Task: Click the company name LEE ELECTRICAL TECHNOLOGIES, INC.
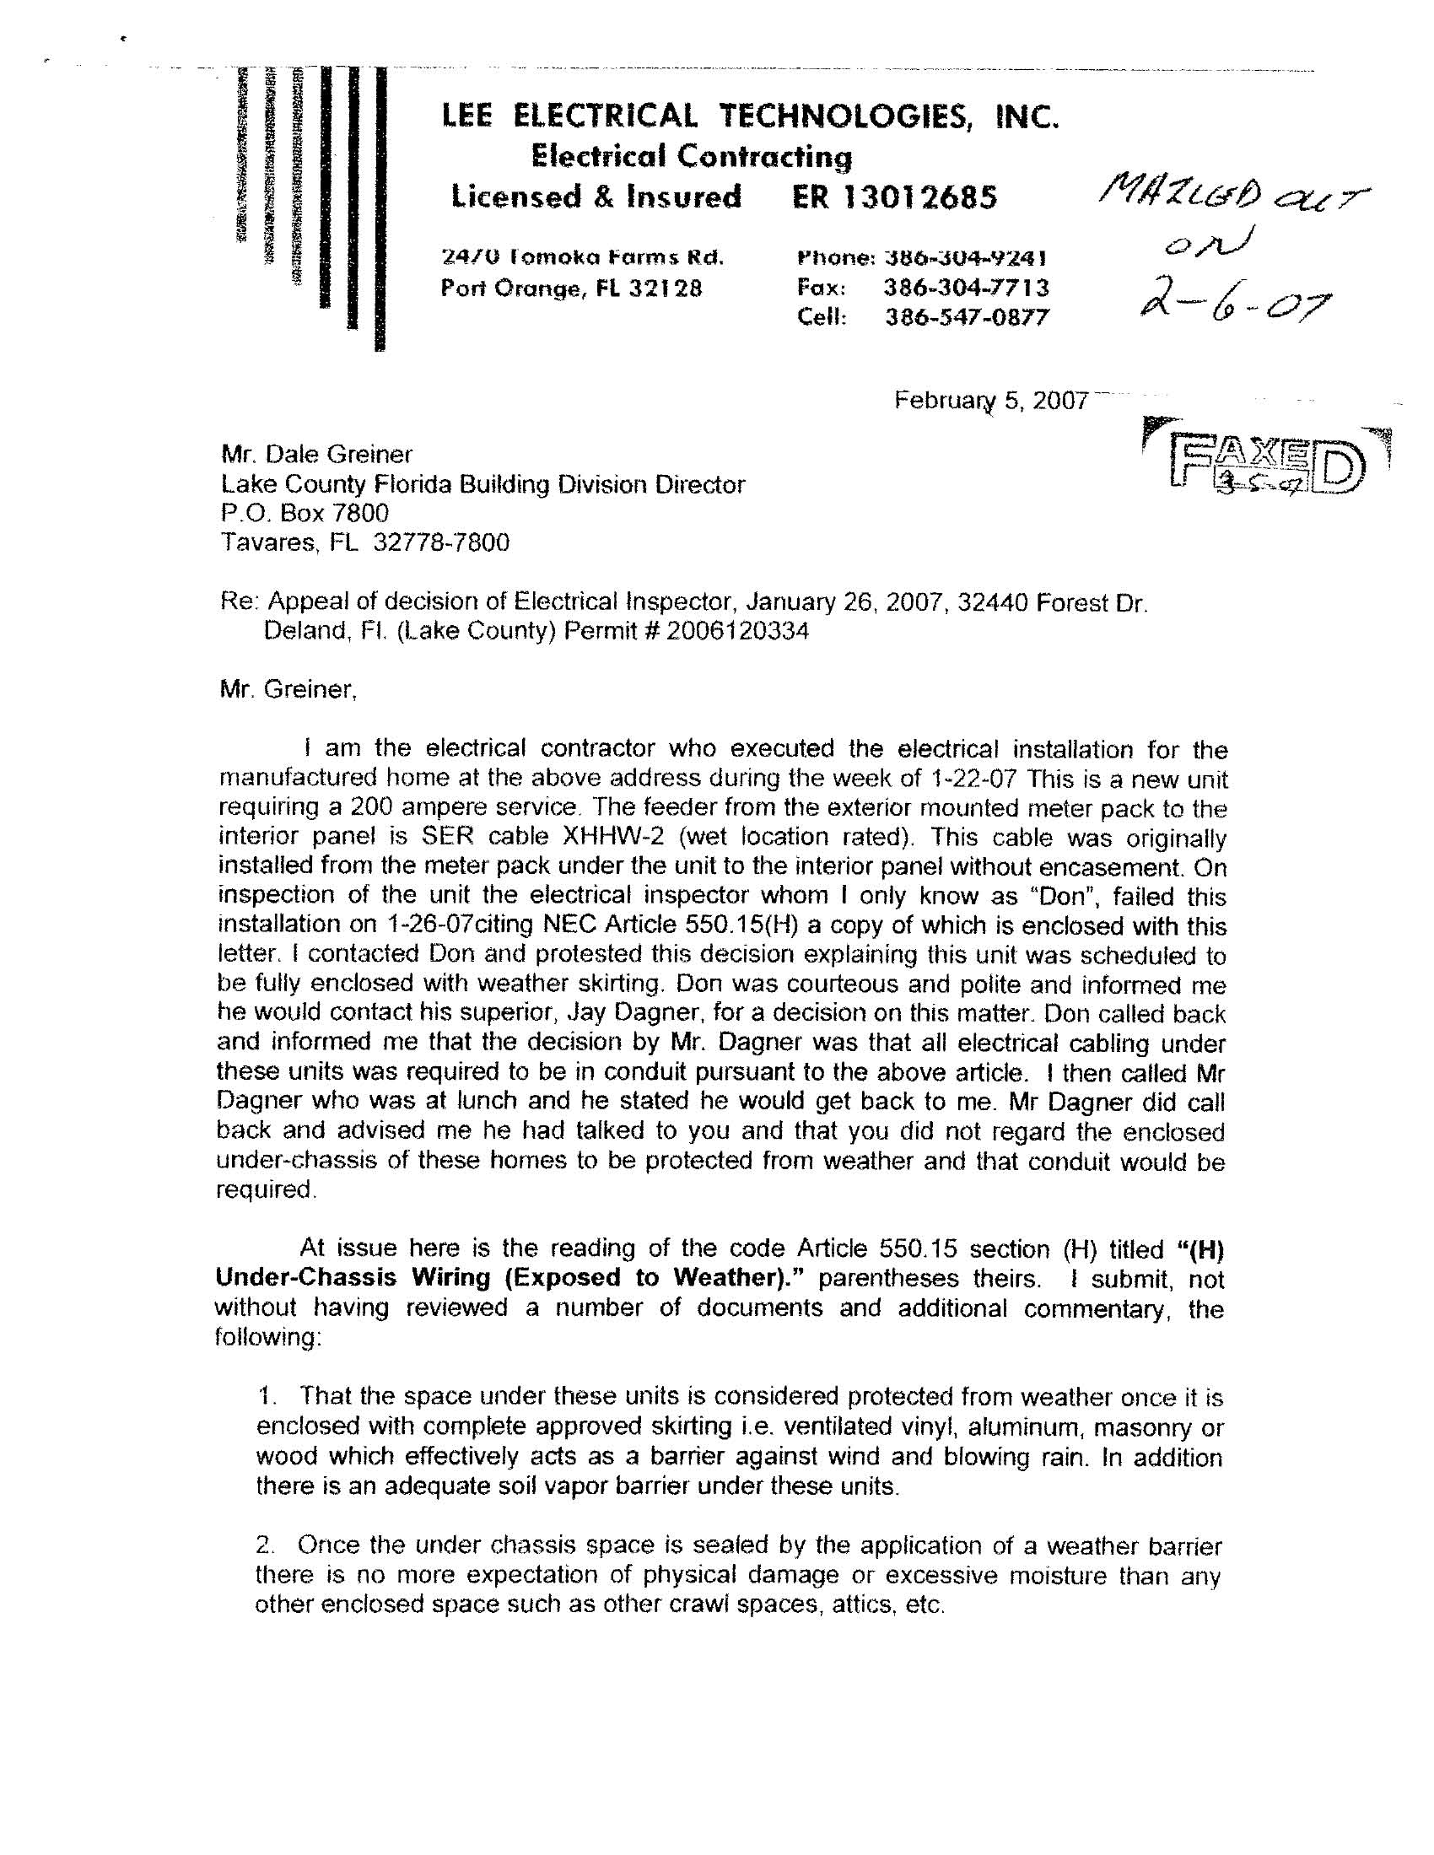tap(751, 116)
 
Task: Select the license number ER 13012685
tap(894, 197)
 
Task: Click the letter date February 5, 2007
tap(990, 400)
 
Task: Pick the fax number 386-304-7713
tap(966, 288)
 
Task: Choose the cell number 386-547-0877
tap(967, 318)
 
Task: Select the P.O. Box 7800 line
tap(305, 513)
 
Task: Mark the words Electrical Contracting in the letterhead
tap(691, 156)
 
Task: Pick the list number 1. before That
tap(268, 1396)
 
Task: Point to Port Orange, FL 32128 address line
tap(572, 288)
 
